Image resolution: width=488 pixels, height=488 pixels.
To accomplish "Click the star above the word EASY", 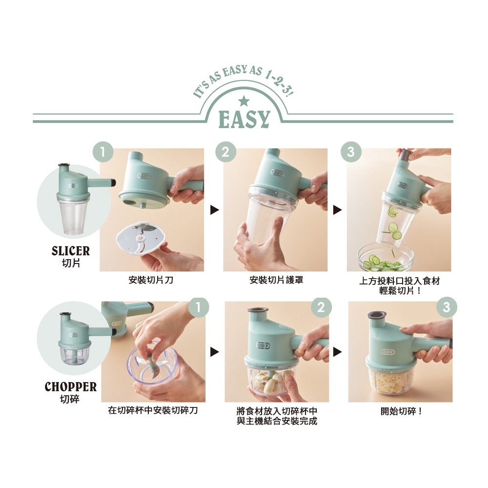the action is (x=244, y=101).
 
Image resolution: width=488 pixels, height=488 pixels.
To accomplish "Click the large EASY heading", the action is (x=244, y=119).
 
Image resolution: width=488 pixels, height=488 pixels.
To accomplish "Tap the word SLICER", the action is (x=71, y=251).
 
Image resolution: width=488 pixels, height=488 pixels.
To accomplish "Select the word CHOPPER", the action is (x=71, y=386).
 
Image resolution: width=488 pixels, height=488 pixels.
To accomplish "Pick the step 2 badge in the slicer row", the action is (x=225, y=152).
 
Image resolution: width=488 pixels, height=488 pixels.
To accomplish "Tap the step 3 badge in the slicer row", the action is (x=351, y=152).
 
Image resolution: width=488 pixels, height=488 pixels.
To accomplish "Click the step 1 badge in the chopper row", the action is (x=199, y=307).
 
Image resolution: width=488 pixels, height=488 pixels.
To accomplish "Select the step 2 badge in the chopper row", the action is (x=321, y=307).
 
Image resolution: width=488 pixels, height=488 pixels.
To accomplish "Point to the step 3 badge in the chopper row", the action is (x=447, y=307).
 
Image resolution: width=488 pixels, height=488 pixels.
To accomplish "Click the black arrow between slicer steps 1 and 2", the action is (x=214, y=210).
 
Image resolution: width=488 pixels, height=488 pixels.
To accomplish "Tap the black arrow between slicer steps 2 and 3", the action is (x=337, y=210).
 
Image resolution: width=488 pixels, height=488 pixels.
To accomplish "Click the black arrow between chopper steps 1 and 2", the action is (x=214, y=352).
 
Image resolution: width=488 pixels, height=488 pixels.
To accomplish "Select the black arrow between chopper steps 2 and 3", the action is (x=337, y=352).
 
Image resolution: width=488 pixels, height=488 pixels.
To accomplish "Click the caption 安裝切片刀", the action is (x=151, y=280).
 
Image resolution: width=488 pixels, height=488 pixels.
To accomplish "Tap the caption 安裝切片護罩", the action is (x=276, y=280).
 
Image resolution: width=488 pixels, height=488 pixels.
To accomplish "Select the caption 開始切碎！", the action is (x=402, y=411).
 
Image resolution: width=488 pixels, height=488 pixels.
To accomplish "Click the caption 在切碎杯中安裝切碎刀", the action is (x=153, y=410).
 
